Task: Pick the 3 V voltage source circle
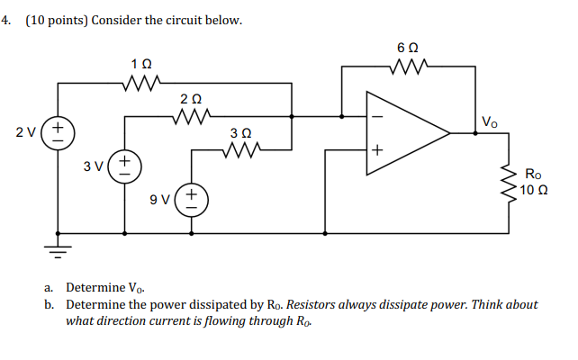click(124, 166)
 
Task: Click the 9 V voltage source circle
click(191, 198)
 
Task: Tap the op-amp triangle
click(405, 133)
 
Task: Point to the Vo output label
click(489, 121)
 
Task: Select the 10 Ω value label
click(535, 190)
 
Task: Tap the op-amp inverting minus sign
click(378, 115)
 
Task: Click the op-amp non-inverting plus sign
click(378, 151)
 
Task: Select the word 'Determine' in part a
click(95, 287)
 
